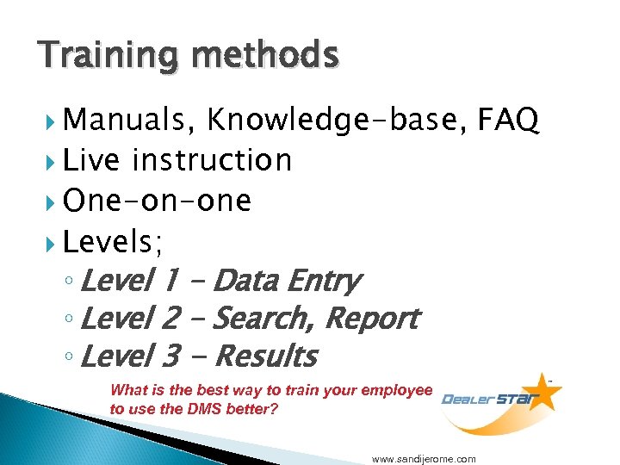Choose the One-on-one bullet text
point(158,201)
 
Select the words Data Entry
point(285,281)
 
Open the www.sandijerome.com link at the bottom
point(424,459)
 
